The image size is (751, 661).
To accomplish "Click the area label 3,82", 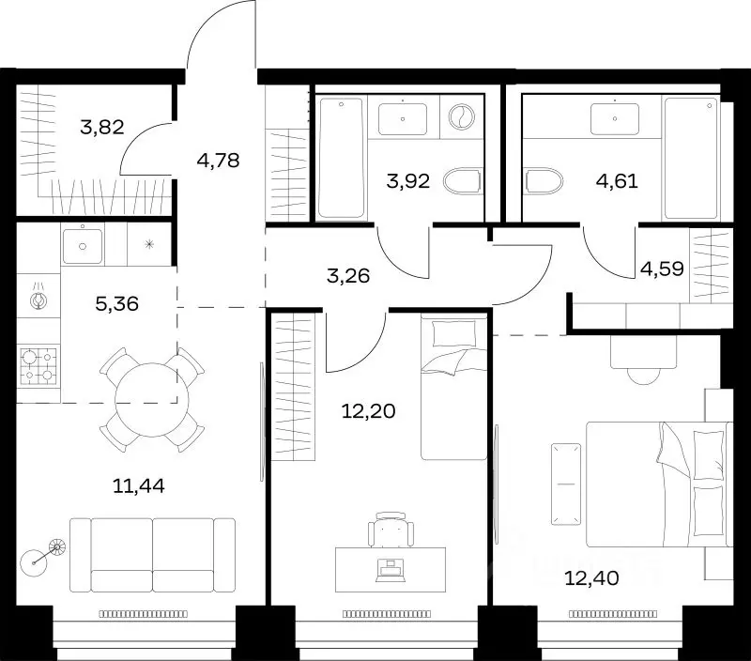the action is pos(102,128).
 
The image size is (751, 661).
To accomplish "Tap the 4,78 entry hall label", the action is pos(218,161).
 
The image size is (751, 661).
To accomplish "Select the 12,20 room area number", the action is pos(368,411).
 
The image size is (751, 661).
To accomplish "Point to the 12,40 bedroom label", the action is pos(592,578).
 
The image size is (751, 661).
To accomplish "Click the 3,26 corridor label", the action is pos(348,276).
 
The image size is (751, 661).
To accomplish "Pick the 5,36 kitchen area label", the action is pos(116,303).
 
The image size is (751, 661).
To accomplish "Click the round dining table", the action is pos(152,399).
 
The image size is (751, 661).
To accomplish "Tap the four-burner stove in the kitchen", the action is pos(38,366).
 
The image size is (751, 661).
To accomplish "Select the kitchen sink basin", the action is pos(83,246).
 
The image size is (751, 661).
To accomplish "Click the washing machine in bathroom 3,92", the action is pos(462,116).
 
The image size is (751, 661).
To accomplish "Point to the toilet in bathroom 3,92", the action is pos(462,181).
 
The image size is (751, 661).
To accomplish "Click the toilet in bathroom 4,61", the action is pos(544,180).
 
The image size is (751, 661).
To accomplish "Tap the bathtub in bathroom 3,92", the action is pos(341,158).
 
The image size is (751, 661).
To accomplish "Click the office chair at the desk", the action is pos(391,530).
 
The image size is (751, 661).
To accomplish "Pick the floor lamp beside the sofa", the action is pos(43,556).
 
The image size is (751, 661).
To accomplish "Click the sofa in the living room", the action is pos(152,555).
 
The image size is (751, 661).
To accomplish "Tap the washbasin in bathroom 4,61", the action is pos(615,119).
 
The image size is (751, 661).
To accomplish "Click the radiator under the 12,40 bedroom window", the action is pos(613,613).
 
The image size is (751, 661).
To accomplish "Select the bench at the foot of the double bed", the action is pos(566,484).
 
